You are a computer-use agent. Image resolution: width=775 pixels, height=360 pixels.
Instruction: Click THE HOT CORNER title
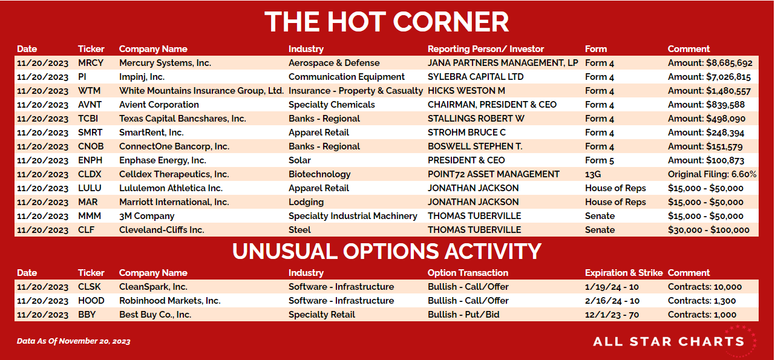(387, 22)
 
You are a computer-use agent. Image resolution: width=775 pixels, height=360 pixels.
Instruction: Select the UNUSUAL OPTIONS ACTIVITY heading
(387, 251)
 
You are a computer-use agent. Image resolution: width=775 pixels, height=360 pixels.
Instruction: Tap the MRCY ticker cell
(91, 63)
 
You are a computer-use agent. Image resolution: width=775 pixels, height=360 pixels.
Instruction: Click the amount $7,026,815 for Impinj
(709, 77)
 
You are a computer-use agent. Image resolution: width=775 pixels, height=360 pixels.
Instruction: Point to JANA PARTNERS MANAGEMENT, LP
(503, 63)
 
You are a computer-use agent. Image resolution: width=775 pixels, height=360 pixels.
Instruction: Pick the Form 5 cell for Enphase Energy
(599, 160)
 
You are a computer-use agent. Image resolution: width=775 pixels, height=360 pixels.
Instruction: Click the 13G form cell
(593, 174)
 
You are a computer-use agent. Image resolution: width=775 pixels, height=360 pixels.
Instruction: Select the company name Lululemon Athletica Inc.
(171, 188)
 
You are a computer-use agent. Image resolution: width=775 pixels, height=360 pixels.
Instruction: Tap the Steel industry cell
(299, 230)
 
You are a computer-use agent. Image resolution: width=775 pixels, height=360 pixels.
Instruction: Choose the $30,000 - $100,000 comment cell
(708, 230)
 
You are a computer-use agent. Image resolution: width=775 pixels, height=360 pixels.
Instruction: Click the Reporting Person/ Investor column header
(486, 49)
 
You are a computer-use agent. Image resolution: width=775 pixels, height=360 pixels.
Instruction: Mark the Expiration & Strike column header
(624, 273)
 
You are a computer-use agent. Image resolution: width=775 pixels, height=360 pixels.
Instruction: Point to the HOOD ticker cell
(91, 301)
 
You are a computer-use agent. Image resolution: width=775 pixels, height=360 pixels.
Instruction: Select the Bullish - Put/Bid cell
(463, 315)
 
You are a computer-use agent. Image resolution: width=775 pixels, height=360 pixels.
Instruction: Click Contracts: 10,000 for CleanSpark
(705, 287)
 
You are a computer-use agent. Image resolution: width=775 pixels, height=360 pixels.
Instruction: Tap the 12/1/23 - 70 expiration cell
(612, 315)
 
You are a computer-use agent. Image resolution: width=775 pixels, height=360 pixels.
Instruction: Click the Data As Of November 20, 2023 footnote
(74, 341)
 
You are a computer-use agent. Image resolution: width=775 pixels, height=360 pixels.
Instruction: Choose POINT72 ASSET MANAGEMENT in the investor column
(494, 174)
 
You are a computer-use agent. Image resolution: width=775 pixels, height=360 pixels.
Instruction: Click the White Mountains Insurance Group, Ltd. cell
(201, 91)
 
